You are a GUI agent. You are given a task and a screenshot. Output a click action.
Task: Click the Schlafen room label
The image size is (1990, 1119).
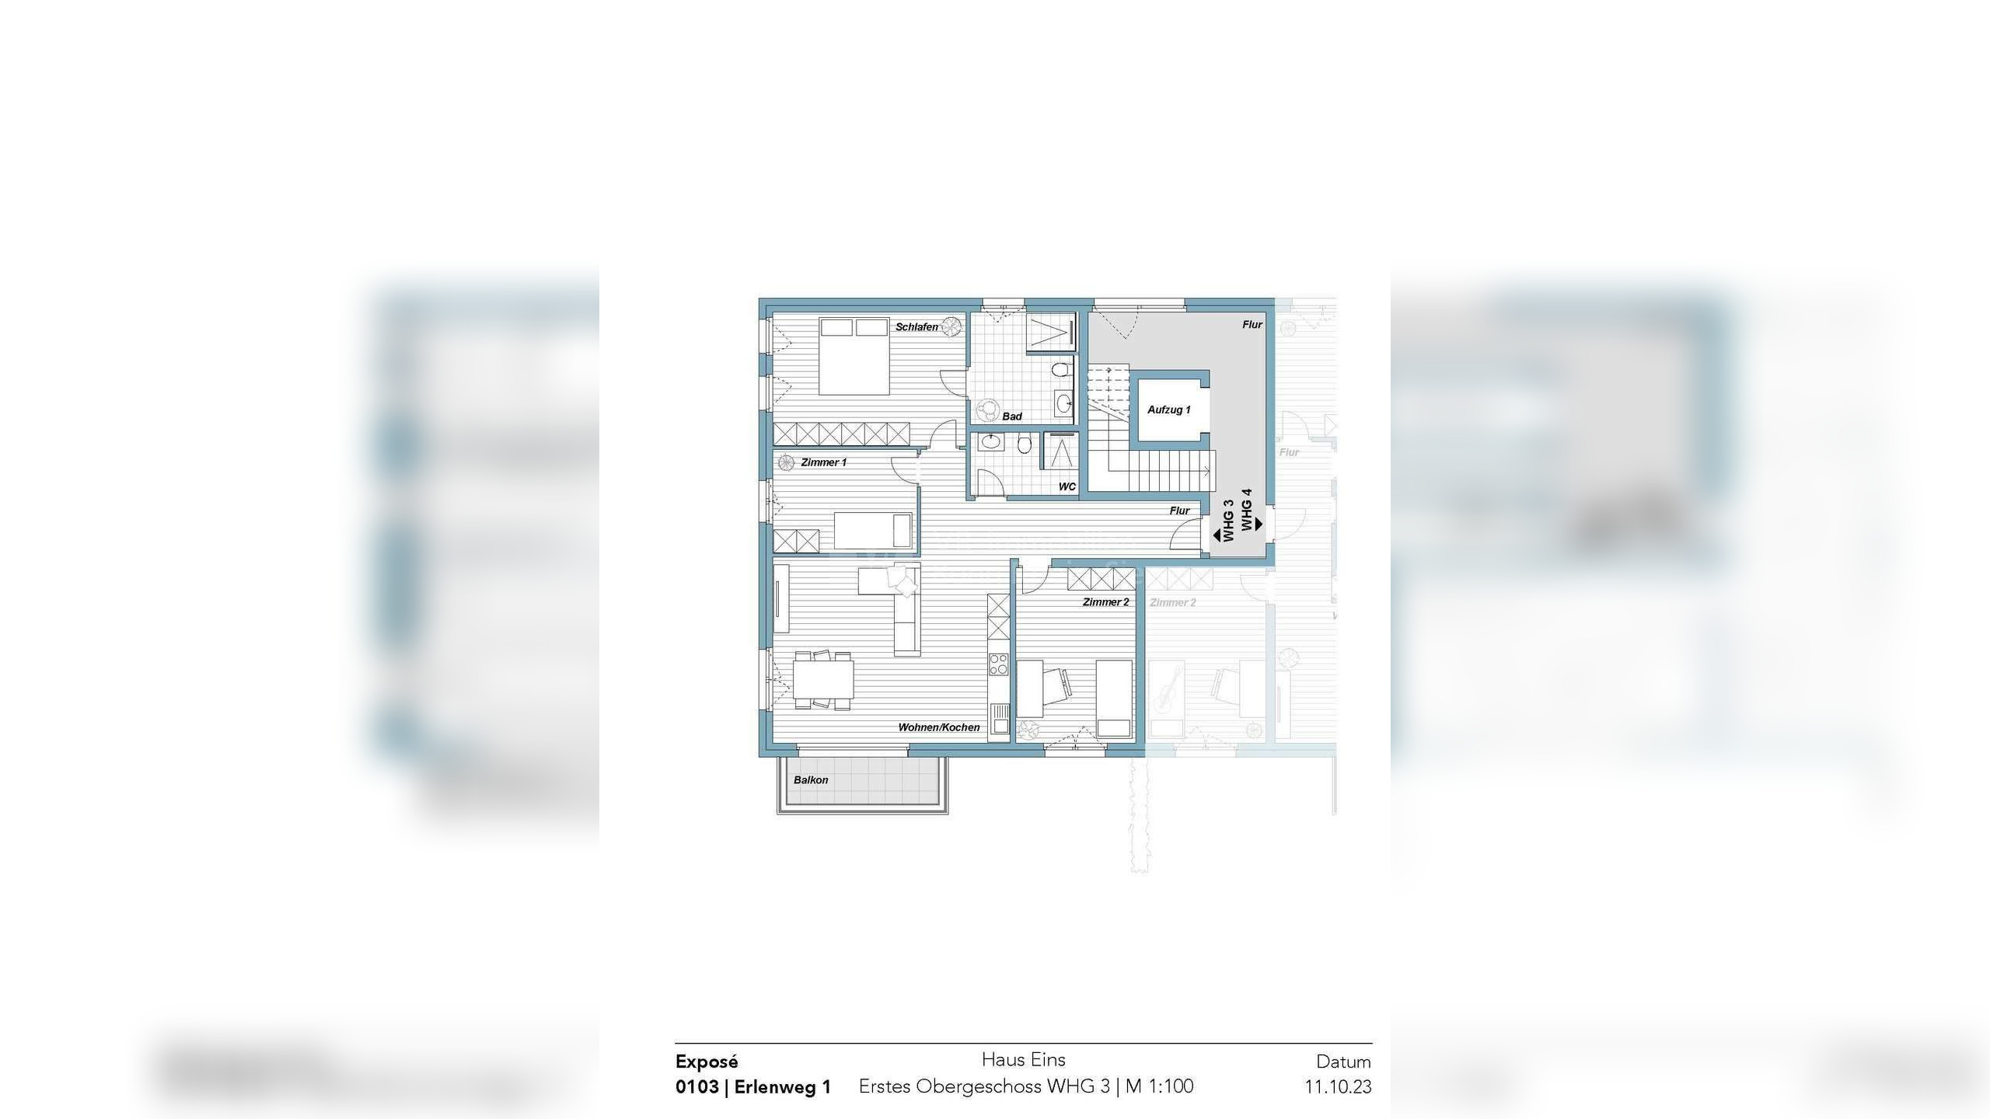(916, 327)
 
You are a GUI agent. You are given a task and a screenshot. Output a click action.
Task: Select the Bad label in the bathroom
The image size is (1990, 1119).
(1011, 417)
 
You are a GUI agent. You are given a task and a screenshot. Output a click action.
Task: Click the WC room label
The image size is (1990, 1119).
(1067, 487)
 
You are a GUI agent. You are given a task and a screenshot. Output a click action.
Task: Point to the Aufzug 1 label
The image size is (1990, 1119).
(1168, 410)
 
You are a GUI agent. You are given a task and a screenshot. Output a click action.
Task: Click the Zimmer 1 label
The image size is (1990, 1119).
(823, 462)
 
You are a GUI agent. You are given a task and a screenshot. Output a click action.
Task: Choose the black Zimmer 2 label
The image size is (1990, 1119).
(1105, 602)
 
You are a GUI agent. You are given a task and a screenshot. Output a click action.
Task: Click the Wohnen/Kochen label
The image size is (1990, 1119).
(938, 727)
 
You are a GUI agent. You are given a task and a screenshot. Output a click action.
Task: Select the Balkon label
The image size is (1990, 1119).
(811, 780)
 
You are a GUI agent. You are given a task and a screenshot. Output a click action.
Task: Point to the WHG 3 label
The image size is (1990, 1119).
(1228, 521)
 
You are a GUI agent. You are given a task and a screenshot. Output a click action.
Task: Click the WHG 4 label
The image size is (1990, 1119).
(1247, 510)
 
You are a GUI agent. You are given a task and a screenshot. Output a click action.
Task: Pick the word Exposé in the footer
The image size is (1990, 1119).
(707, 1061)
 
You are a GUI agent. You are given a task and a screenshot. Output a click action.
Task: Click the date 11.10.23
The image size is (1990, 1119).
(1338, 1086)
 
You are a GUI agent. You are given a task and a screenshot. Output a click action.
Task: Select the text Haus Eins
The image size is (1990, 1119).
(1023, 1059)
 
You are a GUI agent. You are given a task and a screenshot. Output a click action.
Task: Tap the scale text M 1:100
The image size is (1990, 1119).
(1159, 1086)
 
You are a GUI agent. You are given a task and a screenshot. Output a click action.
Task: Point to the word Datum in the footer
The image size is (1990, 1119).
(1343, 1061)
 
